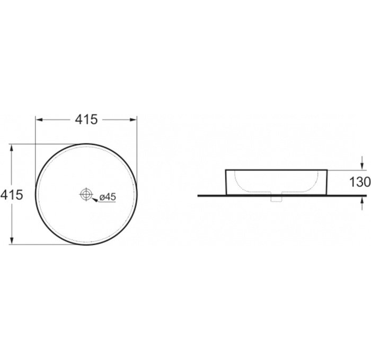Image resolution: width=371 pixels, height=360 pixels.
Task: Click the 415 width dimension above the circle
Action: [x=86, y=119]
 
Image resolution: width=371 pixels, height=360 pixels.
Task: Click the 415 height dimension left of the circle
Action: [x=12, y=195]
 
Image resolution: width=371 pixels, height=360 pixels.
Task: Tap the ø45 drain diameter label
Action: [x=108, y=196]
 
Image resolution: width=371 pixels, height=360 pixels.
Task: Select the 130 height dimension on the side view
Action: [x=360, y=182]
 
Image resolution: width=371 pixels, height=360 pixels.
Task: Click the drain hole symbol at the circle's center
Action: [x=86, y=194]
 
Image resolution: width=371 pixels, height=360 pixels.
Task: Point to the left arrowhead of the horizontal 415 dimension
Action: [x=39, y=120]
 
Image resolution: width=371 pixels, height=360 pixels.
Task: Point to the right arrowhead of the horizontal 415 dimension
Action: [x=134, y=120]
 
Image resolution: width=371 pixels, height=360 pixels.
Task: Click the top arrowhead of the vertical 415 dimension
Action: [x=12, y=148]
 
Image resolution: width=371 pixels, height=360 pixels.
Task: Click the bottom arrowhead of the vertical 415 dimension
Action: [x=12, y=240]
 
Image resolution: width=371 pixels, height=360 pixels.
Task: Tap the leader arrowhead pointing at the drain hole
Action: [x=95, y=200]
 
